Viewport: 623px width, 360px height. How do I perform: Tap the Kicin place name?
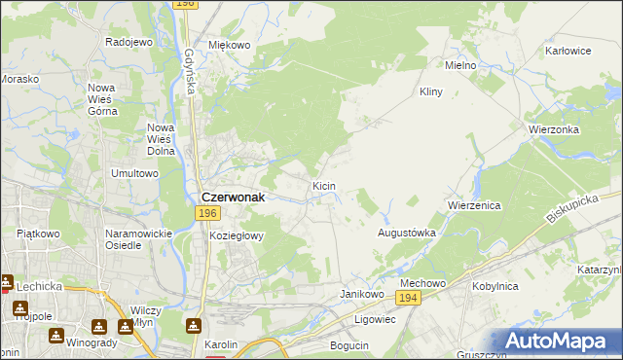324,185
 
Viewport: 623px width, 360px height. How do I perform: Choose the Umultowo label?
134,173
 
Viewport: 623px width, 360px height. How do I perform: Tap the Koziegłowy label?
237,235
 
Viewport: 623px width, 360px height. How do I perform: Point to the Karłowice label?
569,50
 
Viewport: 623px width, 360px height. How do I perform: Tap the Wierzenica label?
474,206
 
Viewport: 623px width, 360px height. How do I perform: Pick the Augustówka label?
406,234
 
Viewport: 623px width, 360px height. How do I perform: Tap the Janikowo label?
358,293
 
